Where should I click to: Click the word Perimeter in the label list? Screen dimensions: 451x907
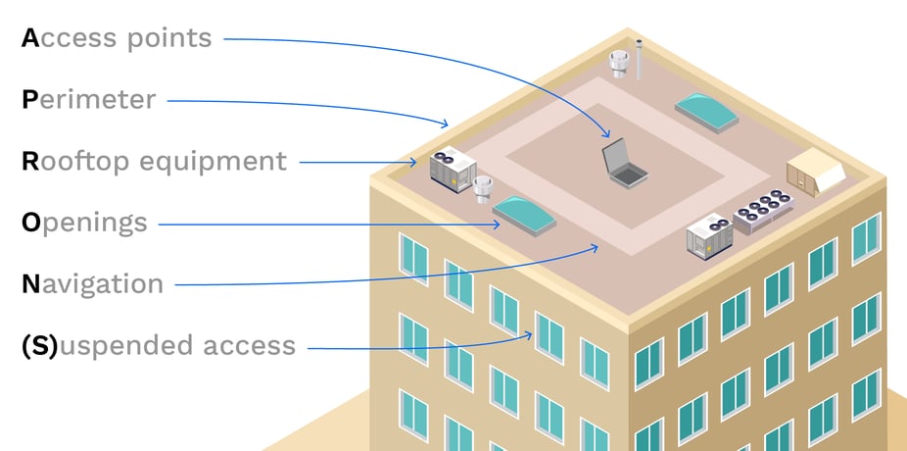point(88,99)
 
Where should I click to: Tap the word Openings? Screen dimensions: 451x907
point(84,223)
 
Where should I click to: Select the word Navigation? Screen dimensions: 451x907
point(92,284)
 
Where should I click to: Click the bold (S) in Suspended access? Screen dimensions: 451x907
point(40,345)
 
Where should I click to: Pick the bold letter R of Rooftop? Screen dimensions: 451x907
point(29,161)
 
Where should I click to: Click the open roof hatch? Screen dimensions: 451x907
point(624,164)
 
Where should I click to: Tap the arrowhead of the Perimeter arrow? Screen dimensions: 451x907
point(446,124)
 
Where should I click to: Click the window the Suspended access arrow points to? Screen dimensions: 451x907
point(549,335)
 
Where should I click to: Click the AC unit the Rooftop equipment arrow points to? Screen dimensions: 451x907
point(453,170)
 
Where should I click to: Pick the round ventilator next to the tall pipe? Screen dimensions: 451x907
point(618,64)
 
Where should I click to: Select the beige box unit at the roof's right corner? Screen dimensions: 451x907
point(816,171)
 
